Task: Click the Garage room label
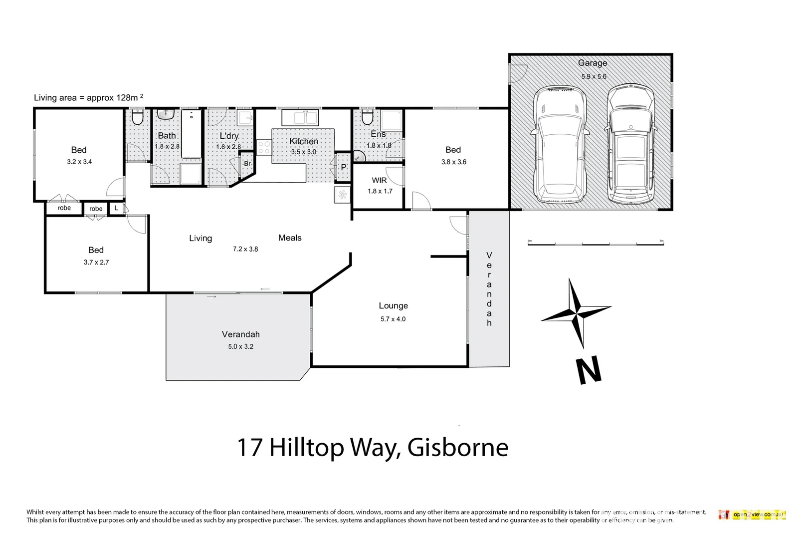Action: click(593, 63)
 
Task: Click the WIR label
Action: click(379, 180)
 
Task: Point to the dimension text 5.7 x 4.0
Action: click(393, 319)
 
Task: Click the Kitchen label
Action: click(303, 141)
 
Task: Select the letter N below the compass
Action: click(589, 371)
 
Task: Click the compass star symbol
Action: click(577, 313)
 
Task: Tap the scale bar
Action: click(596, 244)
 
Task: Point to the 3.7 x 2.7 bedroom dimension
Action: click(96, 262)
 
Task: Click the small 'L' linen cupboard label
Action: click(116, 208)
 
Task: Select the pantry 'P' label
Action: click(343, 168)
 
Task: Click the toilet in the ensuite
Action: click(367, 118)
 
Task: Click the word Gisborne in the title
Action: click(458, 447)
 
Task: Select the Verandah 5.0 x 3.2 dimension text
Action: click(240, 346)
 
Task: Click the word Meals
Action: click(290, 238)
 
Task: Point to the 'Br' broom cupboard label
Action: click(247, 164)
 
